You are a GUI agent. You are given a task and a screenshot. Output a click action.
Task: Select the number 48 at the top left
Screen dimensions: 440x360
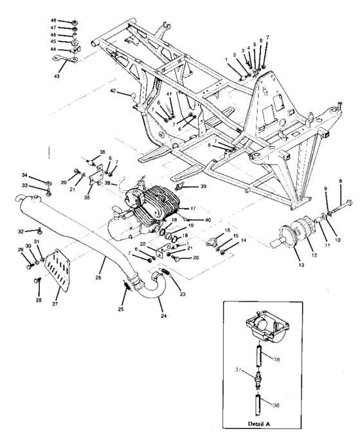coord(54,21)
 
